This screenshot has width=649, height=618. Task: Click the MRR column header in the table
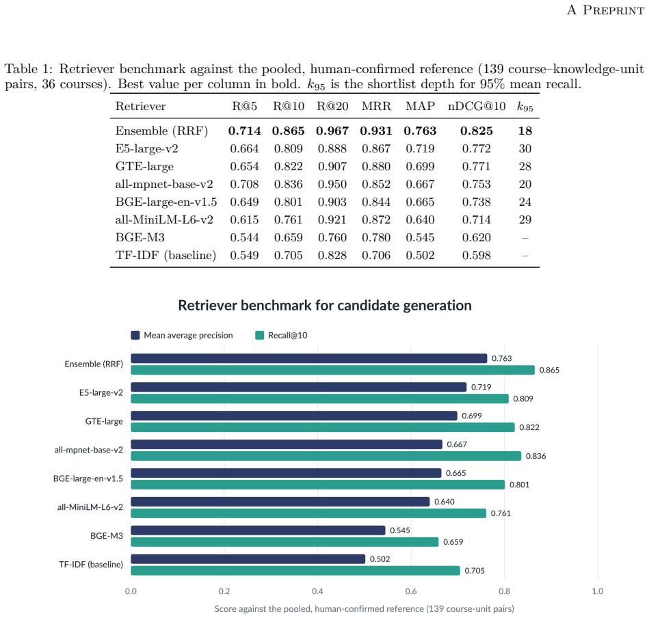click(376, 107)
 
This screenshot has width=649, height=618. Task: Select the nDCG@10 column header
click(477, 107)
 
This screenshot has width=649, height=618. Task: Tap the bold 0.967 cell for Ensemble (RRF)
click(332, 131)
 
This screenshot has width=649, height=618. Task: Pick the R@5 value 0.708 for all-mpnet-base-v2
click(244, 184)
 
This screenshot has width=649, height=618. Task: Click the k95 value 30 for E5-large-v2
click(525, 148)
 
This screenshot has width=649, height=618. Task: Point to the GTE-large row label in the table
click(144, 167)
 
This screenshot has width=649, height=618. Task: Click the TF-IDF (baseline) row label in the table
click(165, 255)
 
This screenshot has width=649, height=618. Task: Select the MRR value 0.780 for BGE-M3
click(376, 237)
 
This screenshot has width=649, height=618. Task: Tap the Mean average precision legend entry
click(182, 335)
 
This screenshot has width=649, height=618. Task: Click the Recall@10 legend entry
click(282, 335)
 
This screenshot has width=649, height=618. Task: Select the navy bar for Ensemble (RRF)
click(309, 358)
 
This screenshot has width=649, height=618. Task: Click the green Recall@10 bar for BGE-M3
click(284, 542)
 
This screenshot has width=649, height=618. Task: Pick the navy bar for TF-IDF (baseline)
click(248, 559)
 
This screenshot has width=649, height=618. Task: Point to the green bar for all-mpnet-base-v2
click(326, 456)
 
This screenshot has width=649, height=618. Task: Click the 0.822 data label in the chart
click(529, 427)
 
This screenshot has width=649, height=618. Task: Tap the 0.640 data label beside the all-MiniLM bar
click(444, 502)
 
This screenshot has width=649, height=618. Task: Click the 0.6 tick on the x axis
click(411, 591)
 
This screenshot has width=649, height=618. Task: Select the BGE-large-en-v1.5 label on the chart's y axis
click(88, 479)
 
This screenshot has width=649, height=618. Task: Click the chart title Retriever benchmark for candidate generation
click(325, 306)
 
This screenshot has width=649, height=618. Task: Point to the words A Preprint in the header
click(605, 10)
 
